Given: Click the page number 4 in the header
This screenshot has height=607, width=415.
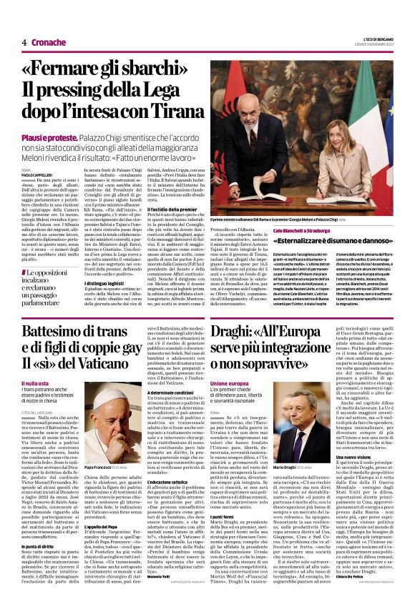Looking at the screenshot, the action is pyautogui.click(x=24, y=43).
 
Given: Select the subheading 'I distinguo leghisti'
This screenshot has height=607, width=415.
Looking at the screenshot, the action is pyautogui.click(x=107, y=282).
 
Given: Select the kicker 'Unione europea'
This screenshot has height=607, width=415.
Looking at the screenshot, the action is pyautogui.click(x=229, y=384).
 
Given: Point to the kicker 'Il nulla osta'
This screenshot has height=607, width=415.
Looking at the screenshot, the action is pyautogui.click(x=35, y=384).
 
